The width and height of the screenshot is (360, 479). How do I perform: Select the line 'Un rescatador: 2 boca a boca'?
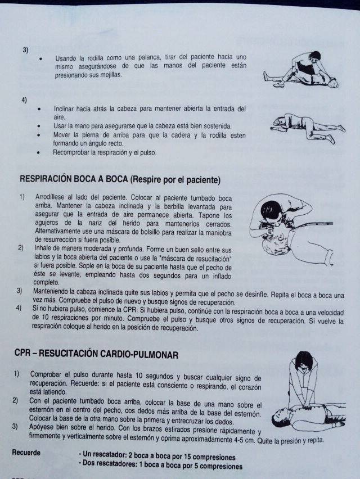point(157,457)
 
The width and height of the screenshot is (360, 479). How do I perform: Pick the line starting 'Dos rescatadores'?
point(160,466)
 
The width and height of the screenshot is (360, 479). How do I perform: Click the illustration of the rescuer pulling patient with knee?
point(302,71)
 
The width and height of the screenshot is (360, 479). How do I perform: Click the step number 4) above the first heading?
point(24,100)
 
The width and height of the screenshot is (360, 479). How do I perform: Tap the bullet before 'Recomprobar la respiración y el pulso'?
point(39,152)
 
